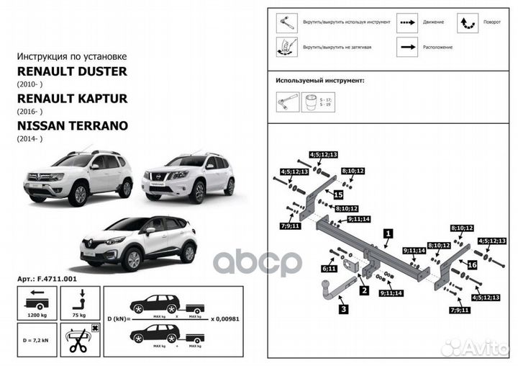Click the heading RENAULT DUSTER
71,71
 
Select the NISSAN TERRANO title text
72,125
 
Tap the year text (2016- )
29,112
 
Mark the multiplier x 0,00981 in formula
227,318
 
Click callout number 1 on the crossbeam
388,233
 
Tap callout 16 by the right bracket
472,265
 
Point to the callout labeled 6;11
330,268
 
